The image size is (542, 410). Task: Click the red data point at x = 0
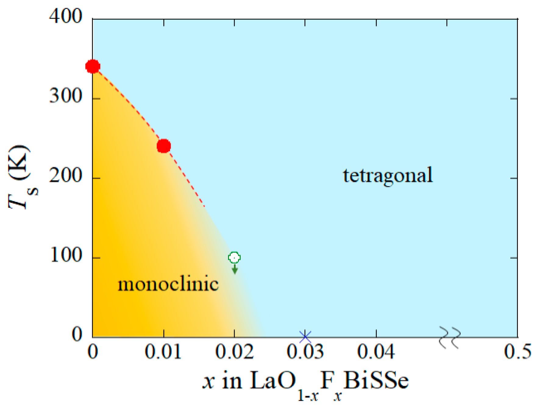point(93,66)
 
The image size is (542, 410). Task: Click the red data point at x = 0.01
point(164,146)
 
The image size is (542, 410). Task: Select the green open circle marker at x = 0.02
point(234,258)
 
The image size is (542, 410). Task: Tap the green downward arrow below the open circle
point(234,269)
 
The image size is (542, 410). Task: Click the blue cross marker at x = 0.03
point(305,337)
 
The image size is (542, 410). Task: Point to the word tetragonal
point(387,175)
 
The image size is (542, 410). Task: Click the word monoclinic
point(168,284)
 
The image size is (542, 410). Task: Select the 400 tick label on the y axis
point(66,16)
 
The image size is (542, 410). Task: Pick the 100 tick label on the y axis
point(66,255)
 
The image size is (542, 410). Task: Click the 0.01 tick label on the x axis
point(163,352)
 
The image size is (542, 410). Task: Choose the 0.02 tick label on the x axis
point(234,352)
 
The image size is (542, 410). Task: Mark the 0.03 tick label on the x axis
point(305,352)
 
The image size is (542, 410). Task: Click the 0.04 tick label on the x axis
point(376,352)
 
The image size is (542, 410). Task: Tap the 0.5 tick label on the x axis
point(517,352)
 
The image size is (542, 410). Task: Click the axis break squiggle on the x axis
point(450,337)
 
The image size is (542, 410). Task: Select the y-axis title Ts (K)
point(21,178)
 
